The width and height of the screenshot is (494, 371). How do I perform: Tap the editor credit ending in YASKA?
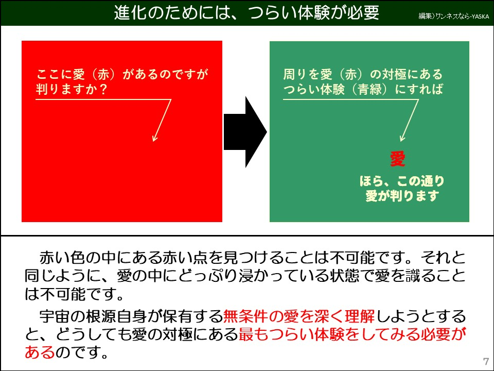click(453, 16)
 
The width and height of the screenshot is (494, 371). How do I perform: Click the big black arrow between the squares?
click(245, 131)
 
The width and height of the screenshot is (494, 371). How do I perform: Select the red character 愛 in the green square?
click(398, 159)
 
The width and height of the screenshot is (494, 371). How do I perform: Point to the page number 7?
click(486, 360)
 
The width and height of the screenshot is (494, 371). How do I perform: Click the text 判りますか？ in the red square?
click(72, 89)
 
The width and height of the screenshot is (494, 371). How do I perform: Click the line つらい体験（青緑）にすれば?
click(363, 89)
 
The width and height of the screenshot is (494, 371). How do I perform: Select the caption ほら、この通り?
click(401, 181)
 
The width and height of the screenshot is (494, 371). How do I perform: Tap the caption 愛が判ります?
click(401, 196)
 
